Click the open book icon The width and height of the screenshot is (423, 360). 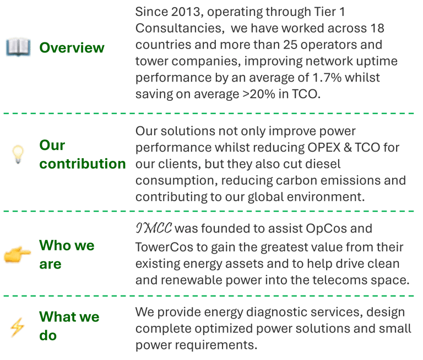click(x=18, y=48)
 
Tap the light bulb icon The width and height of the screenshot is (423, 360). click(x=18, y=155)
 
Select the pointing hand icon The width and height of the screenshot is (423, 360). click(x=17, y=255)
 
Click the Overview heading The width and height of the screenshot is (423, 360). click(x=72, y=48)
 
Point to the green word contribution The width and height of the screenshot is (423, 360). click(x=82, y=164)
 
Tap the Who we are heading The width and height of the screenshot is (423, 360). click(x=67, y=255)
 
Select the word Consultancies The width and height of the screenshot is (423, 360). click(x=175, y=28)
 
